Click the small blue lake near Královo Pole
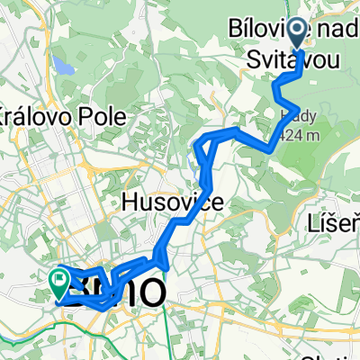(63, 67)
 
